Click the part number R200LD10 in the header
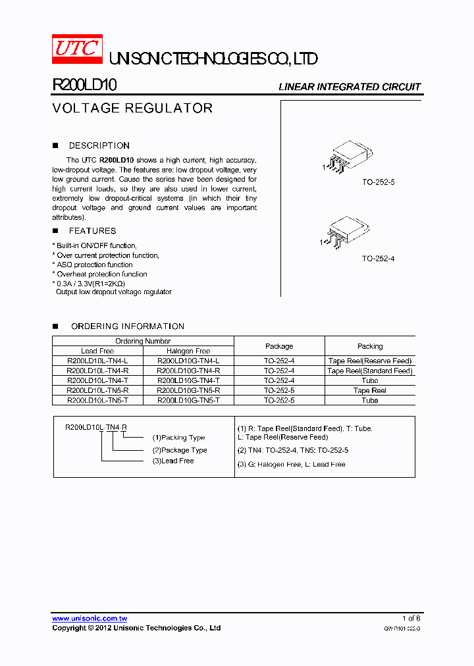[x=84, y=86]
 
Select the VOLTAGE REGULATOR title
[x=132, y=109]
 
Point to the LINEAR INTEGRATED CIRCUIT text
[x=350, y=87]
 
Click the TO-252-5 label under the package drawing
[x=378, y=182]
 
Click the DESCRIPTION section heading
[x=99, y=145]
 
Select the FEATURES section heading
[x=92, y=231]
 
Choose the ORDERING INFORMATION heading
[x=127, y=326]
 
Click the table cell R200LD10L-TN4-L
[x=97, y=361]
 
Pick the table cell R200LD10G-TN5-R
[x=188, y=390]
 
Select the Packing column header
[x=370, y=346]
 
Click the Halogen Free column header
[x=188, y=351]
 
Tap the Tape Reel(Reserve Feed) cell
[x=370, y=361]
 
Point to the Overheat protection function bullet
[x=101, y=274]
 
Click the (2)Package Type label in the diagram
[x=180, y=450]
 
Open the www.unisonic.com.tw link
[x=90, y=619]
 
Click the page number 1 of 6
[x=411, y=619]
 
